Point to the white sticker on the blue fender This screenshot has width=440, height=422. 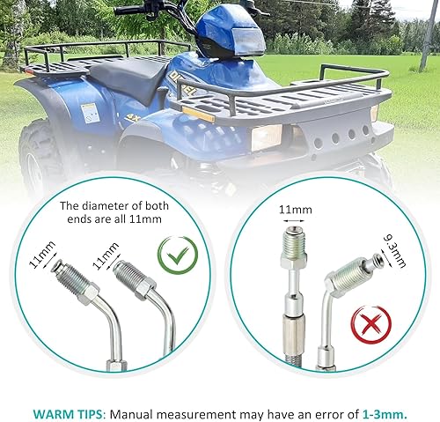pyautogui.click(x=89, y=112)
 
